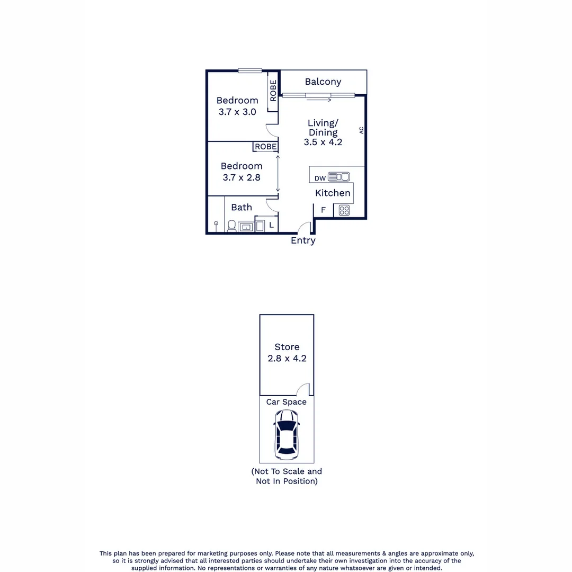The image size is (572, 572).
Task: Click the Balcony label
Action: click(x=323, y=82)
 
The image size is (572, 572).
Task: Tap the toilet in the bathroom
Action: click(x=231, y=227)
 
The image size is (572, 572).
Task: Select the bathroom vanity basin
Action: click(x=246, y=227)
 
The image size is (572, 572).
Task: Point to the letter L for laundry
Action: click(x=271, y=225)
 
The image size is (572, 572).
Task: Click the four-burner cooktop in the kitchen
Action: click(x=344, y=210)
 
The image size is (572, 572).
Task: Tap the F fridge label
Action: click(x=323, y=210)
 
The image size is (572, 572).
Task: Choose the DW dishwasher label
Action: click(x=320, y=178)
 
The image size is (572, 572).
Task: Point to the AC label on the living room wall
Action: click(x=362, y=130)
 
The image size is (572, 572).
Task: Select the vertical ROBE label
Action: click(x=273, y=91)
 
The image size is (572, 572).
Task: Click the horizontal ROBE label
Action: click(x=265, y=147)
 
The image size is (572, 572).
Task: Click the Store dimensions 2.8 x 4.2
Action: click(x=287, y=358)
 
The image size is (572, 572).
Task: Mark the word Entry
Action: click(x=303, y=240)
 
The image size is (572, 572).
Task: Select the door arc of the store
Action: click(x=303, y=389)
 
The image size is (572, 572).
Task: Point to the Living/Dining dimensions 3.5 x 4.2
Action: click(x=323, y=142)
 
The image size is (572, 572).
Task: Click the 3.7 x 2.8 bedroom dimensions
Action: click(x=242, y=177)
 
